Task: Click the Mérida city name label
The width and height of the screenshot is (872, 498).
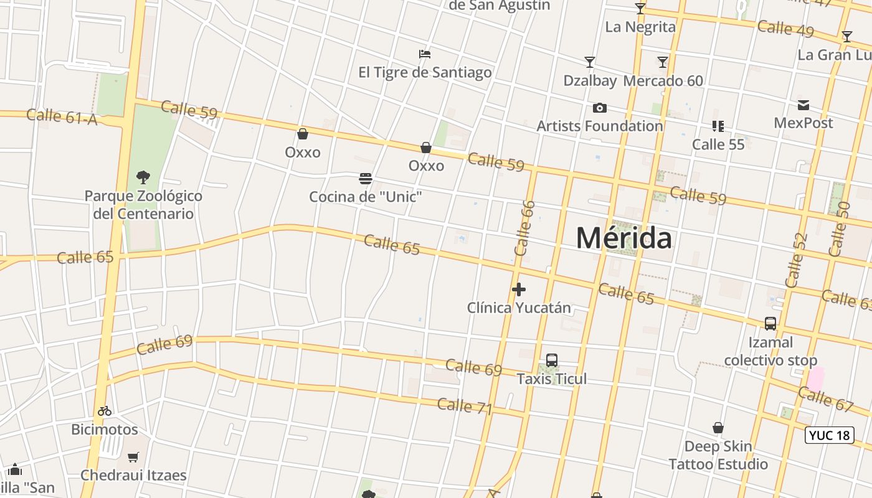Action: tap(623, 238)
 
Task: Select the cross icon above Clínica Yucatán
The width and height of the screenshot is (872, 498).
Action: tap(518, 289)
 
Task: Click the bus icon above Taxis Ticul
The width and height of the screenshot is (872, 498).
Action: tap(551, 360)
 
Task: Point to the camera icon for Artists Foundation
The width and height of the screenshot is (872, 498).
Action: tap(599, 108)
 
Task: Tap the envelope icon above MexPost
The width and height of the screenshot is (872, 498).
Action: tap(803, 105)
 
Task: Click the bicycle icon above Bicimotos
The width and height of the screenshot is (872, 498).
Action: tap(105, 411)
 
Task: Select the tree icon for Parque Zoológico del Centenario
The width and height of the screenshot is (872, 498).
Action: tap(143, 177)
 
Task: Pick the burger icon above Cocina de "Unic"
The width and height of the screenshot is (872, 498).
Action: tap(366, 179)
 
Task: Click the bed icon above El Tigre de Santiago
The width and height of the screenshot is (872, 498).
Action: tap(425, 54)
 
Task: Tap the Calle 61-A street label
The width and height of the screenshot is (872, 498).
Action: tap(62, 116)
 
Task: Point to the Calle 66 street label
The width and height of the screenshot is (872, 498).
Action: tap(525, 228)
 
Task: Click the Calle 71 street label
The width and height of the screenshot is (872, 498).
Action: tap(465, 406)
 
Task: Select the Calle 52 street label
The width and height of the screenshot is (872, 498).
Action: tap(796, 260)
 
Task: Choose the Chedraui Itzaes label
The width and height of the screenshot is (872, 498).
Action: tap(133, 476)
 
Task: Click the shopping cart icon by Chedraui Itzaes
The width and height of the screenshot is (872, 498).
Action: tap(133, 458)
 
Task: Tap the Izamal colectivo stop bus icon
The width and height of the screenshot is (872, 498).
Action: tap(770, 324)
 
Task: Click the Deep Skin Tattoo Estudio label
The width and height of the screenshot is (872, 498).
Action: tap(718, 456)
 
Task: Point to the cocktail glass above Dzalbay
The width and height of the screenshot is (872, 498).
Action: tap(589, 62)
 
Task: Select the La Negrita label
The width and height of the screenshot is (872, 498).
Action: tap(640, 27)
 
